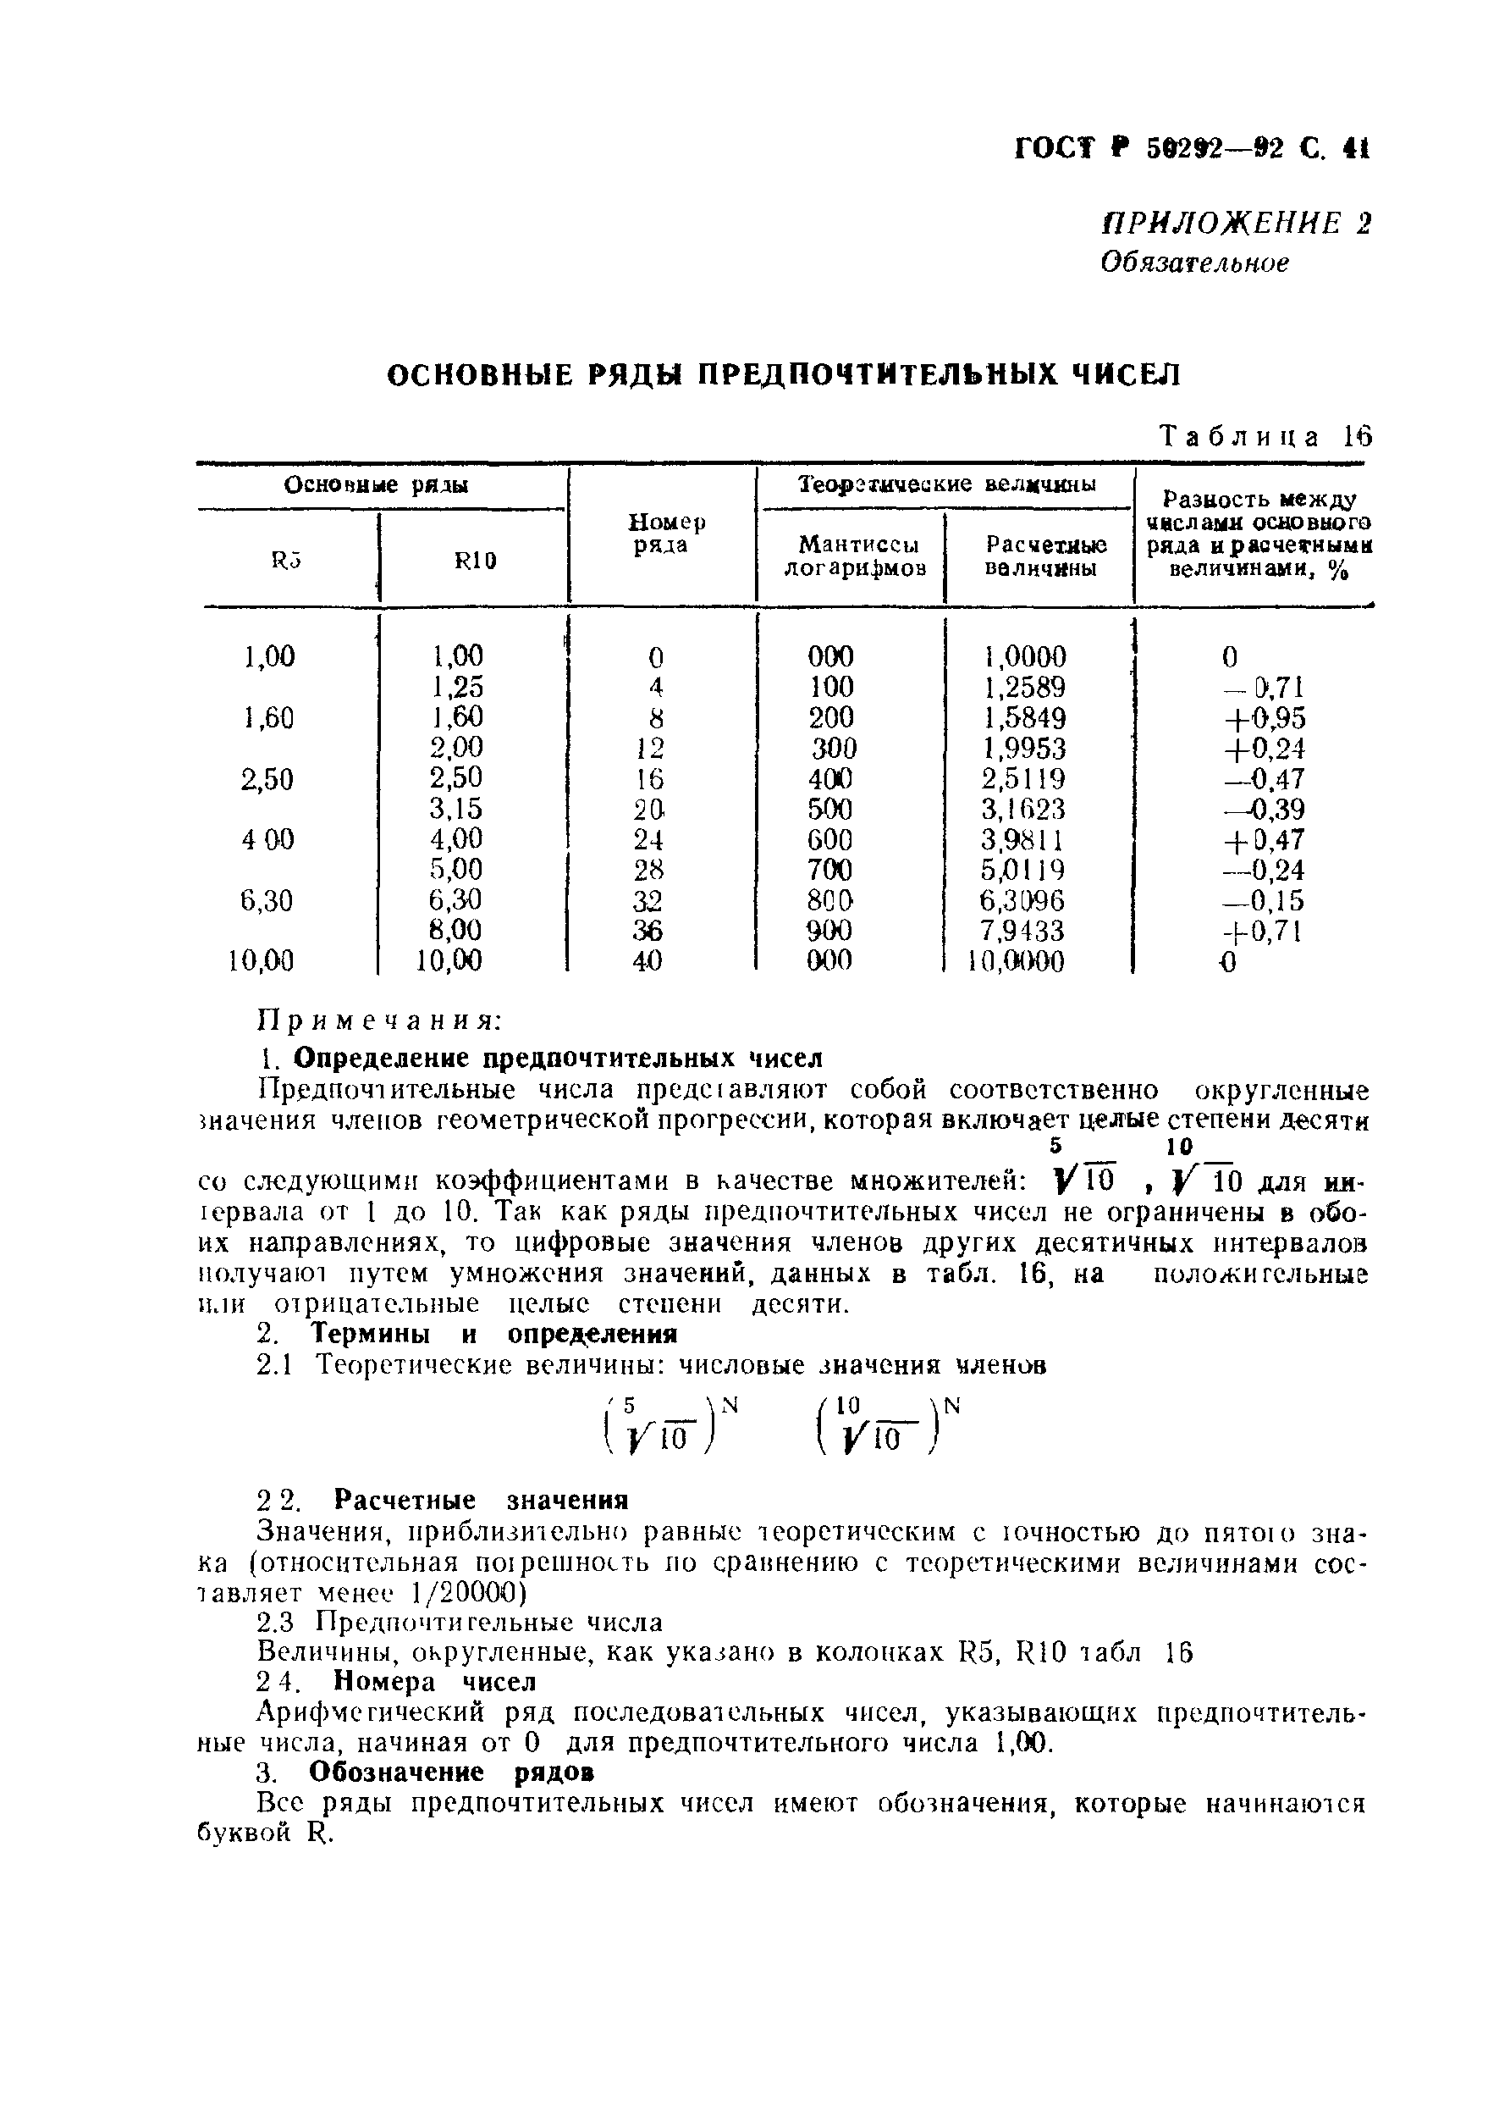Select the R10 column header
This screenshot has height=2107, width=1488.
click(x=474, y=560)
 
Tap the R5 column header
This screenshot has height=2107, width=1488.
click(x=286, y=560)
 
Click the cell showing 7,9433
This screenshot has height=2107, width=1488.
click(x=1022, y=931)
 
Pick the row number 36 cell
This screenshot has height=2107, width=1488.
click(x=648, y=931)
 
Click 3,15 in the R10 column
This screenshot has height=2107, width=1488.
click(x=456, y=809)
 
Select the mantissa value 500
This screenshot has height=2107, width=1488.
click(x=830, y=809)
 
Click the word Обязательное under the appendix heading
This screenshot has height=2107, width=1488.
click(x=1194, y=263)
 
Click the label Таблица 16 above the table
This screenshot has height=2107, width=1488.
click(x=1265, y=436)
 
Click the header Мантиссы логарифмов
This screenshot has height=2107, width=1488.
click(x=854, y=556)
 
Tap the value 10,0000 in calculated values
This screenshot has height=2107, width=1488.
click(x=1017, y=962)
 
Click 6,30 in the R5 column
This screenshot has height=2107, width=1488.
click(x=267, y=901)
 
